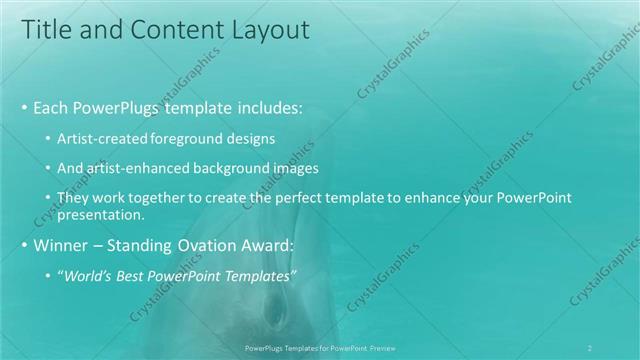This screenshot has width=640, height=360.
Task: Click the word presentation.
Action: (102, 214)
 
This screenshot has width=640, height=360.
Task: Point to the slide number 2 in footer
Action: (591, 347)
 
